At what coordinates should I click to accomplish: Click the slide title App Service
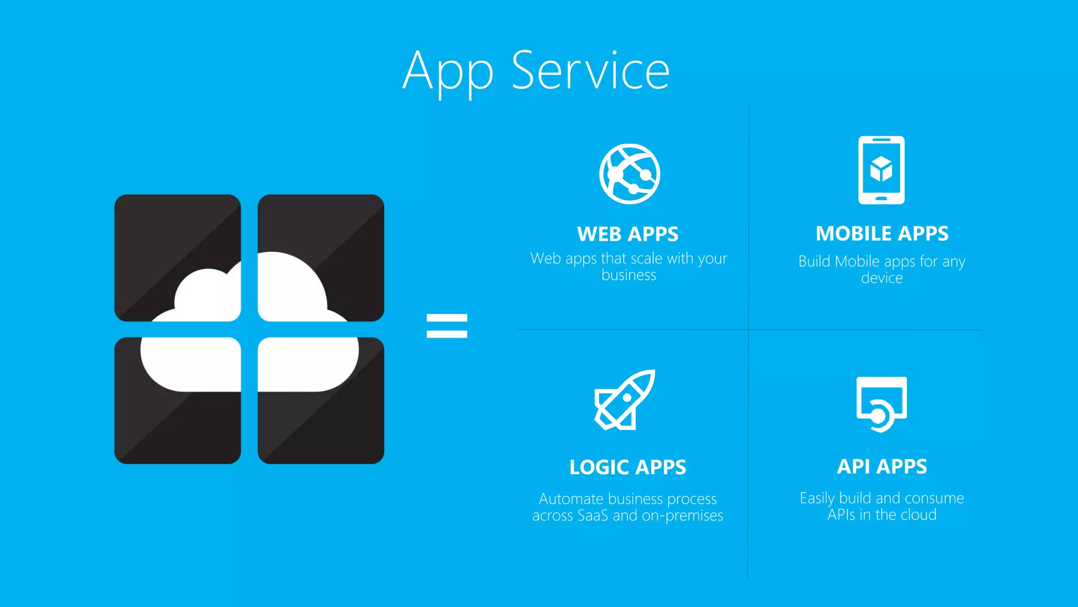click(x=536, y=71)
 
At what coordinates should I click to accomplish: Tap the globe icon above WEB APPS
click(x=630, y=174)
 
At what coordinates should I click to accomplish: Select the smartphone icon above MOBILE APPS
click(x=881, y=170)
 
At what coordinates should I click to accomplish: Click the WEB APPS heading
click(x=627, y=234)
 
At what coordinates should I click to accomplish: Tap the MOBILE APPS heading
click(x=882, y=234)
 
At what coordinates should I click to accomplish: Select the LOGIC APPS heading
click(x=627, y=467)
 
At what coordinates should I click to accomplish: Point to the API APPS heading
click(x=882, y=467)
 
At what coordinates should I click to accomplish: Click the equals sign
click(x=447, y=326)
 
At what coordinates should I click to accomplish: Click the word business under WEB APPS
click(x=628, y=276)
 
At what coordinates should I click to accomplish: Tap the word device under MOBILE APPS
click(x=882, y=278)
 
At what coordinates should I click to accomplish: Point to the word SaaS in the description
click(x=593, y=515)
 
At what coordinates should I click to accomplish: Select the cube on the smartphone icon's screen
click(x=881, y=169)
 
